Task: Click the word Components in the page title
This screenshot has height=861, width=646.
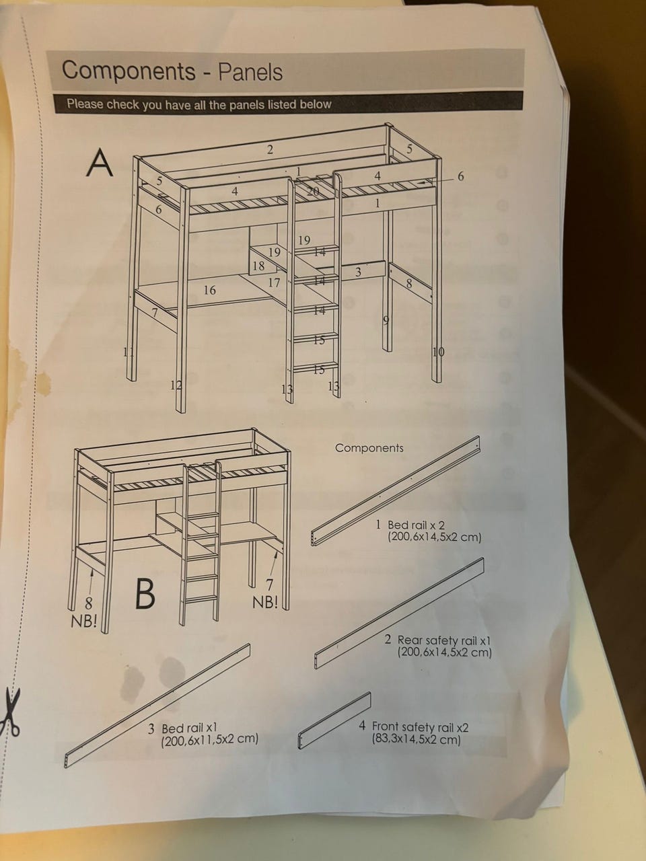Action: pos(129,71)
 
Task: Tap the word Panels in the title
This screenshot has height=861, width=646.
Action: pos(250,72)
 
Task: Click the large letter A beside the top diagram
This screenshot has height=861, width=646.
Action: pos(100,162)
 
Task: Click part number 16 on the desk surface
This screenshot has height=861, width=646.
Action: pos(209,291)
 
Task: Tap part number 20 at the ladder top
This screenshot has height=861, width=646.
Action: pos(313,192)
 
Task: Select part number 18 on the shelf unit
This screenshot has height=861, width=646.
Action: pos(258,266)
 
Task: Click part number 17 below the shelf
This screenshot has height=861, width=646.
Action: pos(274,282)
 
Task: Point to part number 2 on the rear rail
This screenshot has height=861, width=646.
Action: pos(270,149)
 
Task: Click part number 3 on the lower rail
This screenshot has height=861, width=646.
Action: pos(358,272)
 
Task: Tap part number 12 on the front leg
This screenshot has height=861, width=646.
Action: pos(176,385)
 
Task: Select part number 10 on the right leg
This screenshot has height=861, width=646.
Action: pos(439,352)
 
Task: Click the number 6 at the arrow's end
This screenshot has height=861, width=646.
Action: pos(461,176)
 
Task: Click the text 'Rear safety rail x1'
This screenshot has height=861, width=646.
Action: pos(444,640)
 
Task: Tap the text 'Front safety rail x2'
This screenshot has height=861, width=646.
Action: pos(420,727)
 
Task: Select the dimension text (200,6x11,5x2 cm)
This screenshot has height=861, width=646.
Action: pos(210,739)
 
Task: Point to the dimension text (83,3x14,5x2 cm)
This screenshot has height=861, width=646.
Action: pos(416,739)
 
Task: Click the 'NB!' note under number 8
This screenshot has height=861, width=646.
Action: pos(83,621)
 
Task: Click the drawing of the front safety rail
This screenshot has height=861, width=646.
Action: pos(334,720)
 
